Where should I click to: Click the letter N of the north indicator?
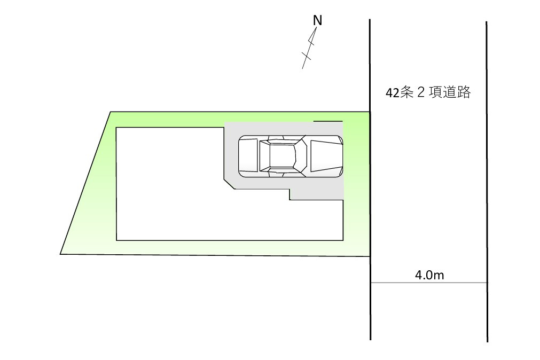(x=317, y=21)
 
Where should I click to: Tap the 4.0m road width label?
(x=429, y=275)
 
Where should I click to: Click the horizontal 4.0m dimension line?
(x=429, y=283)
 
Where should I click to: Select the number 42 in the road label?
(x=392, y=93)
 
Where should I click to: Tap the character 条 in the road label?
(x=406, y=92)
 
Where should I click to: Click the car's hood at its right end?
(x=326, y=156)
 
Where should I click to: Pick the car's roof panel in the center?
(x=282, y=156)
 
